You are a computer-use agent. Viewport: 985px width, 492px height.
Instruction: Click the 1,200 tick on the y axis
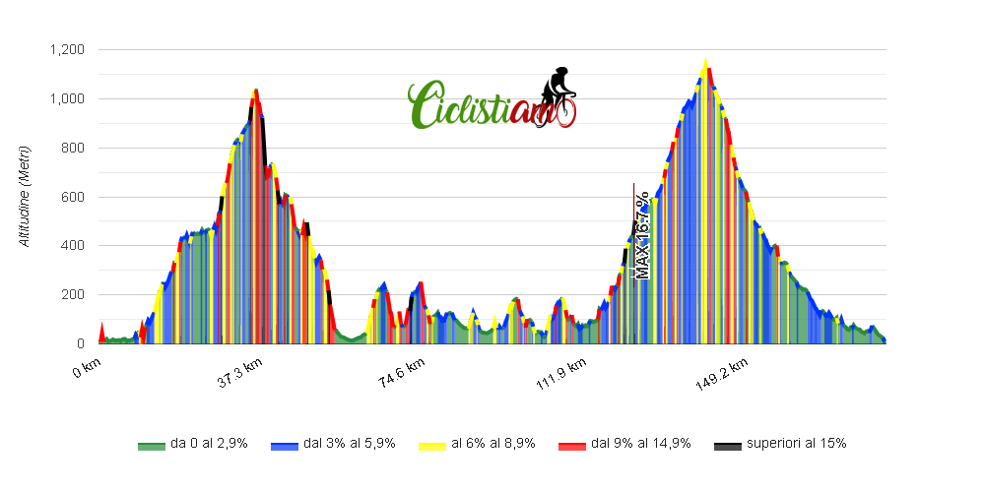click(69, 50)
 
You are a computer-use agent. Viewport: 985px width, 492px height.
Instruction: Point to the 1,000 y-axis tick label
click(69, 99)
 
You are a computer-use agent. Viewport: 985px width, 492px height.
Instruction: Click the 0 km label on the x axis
click(88, 370)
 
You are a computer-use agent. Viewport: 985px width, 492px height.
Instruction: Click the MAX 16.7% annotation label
click(642, 234)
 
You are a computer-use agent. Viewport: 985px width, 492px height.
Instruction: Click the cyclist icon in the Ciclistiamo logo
click(558, 93)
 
